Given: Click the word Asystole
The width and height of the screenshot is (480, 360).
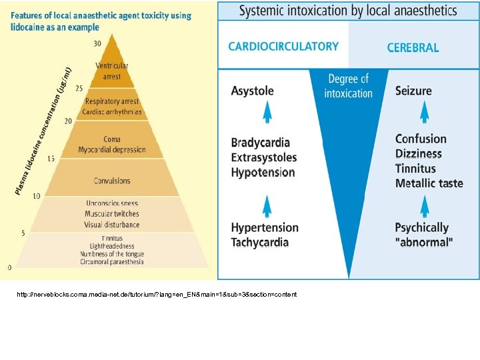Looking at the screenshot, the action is [253, 91].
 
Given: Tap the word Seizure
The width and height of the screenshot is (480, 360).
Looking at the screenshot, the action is [413, 91].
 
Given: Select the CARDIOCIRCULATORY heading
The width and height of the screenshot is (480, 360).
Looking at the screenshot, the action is [283, 47].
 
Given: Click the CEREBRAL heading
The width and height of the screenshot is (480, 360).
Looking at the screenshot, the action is [413, 48].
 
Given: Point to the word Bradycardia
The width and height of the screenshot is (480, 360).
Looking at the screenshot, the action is [261, 143].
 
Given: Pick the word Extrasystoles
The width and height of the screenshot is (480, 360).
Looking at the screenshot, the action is [264, 157].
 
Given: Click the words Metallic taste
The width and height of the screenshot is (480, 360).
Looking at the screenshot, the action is [429, 183].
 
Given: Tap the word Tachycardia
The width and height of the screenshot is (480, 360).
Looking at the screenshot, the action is [260, 242].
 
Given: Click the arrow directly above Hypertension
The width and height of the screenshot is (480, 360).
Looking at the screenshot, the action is [267, 205].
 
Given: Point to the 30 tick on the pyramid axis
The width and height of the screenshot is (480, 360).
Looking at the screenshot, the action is [97, 44].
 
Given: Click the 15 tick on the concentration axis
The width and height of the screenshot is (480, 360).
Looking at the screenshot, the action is [51, 159].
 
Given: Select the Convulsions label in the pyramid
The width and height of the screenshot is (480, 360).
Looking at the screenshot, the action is [112, 181].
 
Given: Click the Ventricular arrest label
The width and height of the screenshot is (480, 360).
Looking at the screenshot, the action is [112, 71].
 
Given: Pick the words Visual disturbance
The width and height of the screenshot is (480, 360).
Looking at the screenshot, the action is [112, 225].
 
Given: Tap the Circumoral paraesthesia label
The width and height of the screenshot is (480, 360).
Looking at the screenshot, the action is [112, 262].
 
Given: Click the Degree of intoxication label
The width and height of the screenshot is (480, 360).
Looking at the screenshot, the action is [348, 87].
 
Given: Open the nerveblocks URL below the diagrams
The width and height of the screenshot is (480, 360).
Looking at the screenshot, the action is [158, 295].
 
